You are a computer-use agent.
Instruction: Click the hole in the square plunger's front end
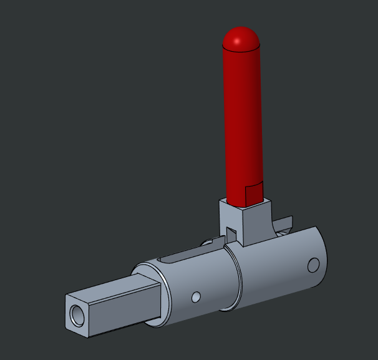coord(77,315)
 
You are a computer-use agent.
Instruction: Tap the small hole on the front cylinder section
coord(196,297)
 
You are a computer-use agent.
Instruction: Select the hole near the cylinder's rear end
coord(313,265)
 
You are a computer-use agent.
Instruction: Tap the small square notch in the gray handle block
coord(230,233)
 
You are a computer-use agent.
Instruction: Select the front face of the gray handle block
coord(256,221)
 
